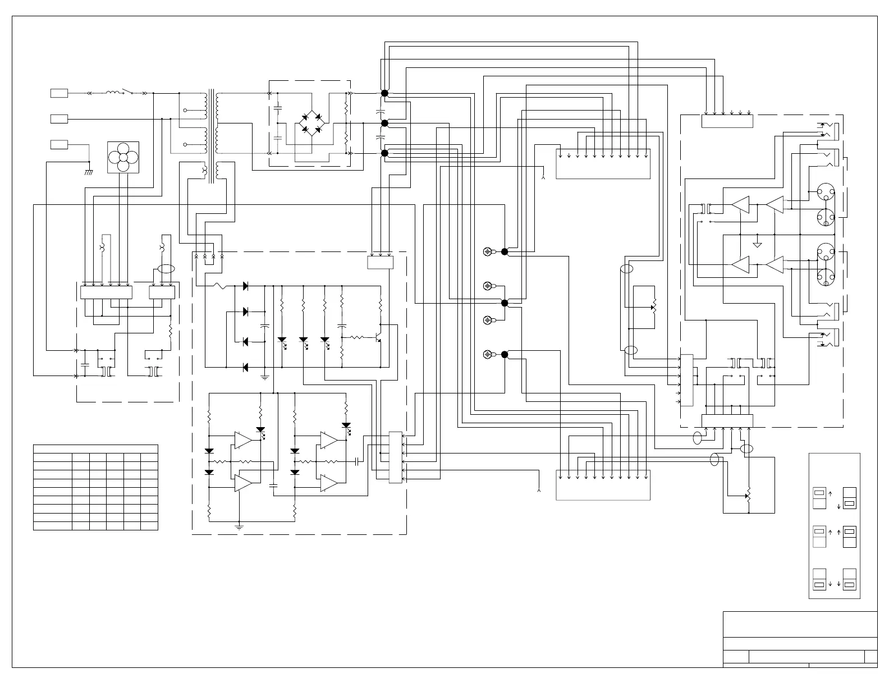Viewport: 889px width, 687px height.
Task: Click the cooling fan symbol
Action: tap(123, 158)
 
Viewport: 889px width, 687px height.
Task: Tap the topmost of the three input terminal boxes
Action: tap(59, 93)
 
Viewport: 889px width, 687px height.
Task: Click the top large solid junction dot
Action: tap(384, 93)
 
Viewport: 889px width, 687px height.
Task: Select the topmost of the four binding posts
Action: tap(488, 251)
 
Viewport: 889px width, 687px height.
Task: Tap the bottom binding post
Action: tap(488, 354)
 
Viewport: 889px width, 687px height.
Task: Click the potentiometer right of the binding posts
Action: tap(653, 307)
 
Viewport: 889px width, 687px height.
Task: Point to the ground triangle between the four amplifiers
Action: tap(758, 244)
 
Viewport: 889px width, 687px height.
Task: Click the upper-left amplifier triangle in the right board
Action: tap(740, 205)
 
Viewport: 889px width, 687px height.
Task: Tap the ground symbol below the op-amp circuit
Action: tap(239, 526)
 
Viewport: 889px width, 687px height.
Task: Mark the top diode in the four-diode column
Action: tap(245, 286)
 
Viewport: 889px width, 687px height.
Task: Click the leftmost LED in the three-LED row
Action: tap(282, 341)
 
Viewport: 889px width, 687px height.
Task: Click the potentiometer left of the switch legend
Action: tap(747, 496)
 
